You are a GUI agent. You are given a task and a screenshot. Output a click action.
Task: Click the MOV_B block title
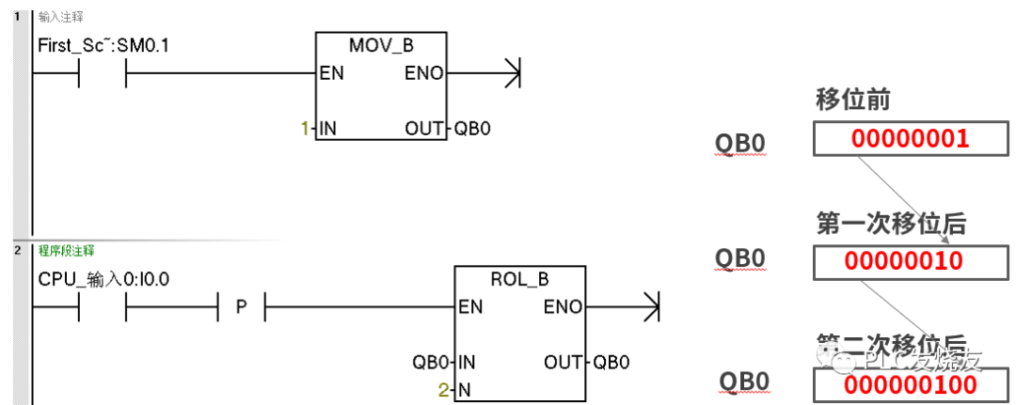380,45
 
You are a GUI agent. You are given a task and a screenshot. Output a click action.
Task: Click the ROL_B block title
519,279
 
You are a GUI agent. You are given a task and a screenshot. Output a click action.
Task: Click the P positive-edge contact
241,306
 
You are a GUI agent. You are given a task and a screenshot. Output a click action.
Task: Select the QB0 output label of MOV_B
472,128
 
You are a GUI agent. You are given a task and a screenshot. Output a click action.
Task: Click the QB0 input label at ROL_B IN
431,362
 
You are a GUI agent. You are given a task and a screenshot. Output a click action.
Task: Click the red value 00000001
909,140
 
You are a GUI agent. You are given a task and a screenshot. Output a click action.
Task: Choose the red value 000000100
910,384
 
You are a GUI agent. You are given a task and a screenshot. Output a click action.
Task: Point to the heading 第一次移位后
891,224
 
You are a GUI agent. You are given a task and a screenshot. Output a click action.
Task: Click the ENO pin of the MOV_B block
423,73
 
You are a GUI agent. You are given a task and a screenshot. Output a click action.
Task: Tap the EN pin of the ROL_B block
470,306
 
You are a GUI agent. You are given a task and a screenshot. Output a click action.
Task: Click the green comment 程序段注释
66,251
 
